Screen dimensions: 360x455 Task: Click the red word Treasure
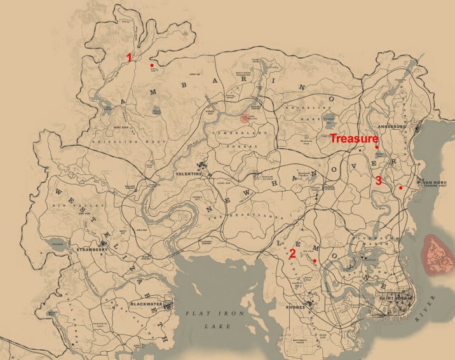pyautogui.click(x=355, y=137)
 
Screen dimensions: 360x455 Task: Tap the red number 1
pyautogui.click(x=129, y=57)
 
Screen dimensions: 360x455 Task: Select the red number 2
pyautogui.click(x=292, y=253)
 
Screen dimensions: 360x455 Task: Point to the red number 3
pyautogui.click(x=379, y=181)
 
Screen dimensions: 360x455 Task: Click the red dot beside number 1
pyautogui.click(x=151, y=65)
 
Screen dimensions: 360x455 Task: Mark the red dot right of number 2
pyautogui.click(x=315, y=260)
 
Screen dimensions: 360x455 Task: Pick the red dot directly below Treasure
pyautogui.click(x=377, y=148)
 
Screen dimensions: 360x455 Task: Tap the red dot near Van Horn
pyautogui.click(x=400, y=188)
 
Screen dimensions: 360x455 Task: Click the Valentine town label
pyautogui.click(x=189, y=173)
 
